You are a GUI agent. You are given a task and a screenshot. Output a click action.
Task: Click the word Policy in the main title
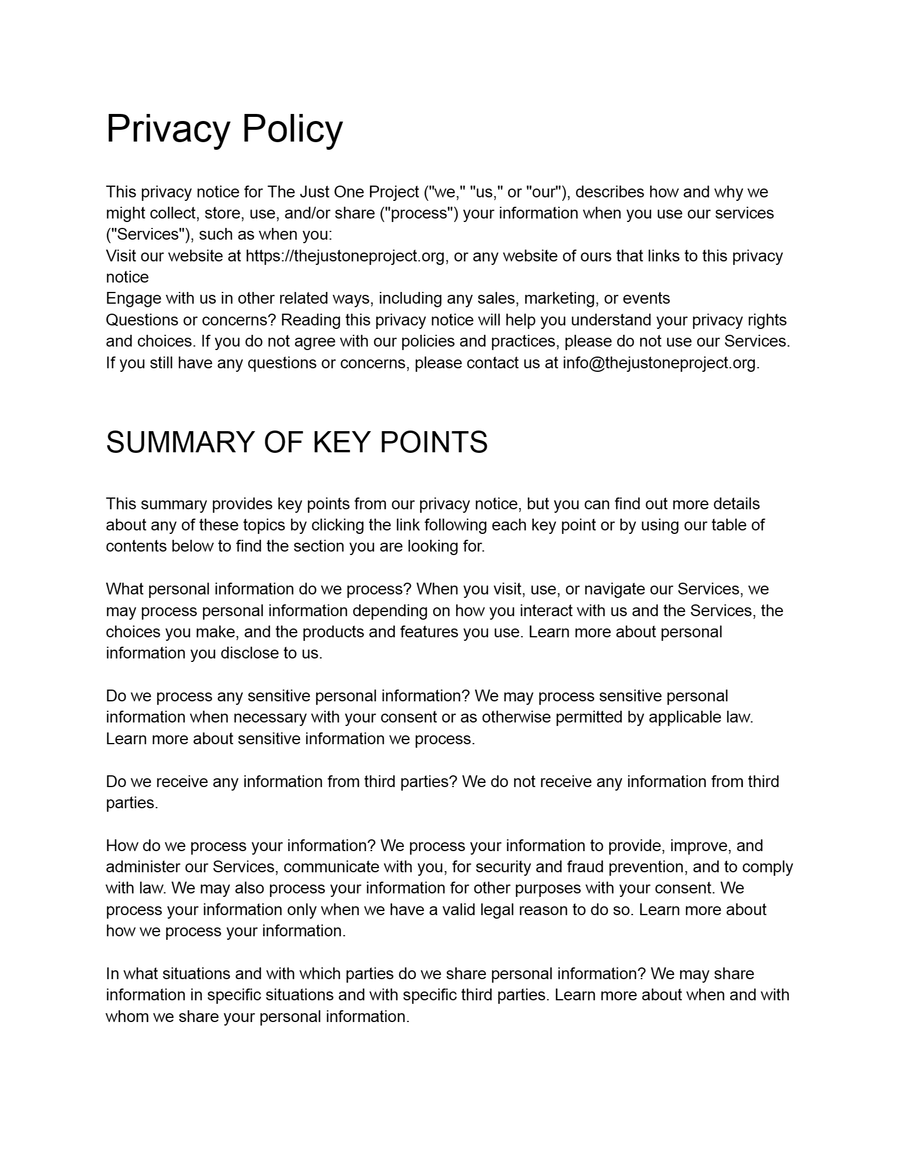[292, 129]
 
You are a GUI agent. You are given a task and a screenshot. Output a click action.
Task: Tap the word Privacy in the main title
[167, 129]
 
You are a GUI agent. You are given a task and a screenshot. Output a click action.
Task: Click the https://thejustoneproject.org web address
[345, 256]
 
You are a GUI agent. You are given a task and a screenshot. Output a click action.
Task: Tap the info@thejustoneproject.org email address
[659, 363]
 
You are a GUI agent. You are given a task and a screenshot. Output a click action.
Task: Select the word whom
[128, 1017]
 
